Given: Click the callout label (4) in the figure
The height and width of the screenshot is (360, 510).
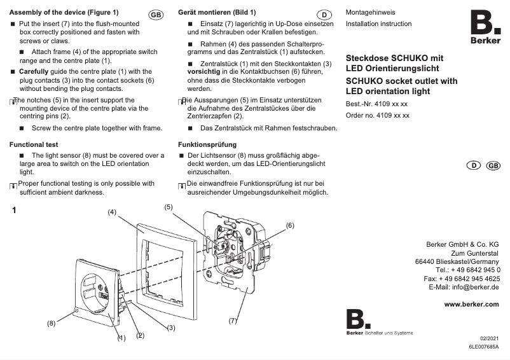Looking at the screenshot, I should pos(111,212).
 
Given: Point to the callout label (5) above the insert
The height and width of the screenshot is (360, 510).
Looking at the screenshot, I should pos(169,207).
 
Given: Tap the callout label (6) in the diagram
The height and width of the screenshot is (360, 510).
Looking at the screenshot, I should pos(289,225).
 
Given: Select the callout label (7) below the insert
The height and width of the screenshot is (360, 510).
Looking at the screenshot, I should pos(233,321).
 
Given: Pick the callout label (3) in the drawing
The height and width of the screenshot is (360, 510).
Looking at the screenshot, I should pos(171,328).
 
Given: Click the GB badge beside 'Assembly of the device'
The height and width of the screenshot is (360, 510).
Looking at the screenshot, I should pos(155,15).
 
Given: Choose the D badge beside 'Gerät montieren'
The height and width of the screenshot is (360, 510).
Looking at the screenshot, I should pos(324,15).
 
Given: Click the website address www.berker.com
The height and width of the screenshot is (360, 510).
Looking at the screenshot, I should pos(471,304).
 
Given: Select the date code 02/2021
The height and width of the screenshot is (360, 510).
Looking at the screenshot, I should pos(489,340).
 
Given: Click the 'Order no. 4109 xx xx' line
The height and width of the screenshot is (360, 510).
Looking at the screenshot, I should pos(377,116).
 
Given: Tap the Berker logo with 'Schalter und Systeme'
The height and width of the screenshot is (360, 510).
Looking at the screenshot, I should pos(379,322).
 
